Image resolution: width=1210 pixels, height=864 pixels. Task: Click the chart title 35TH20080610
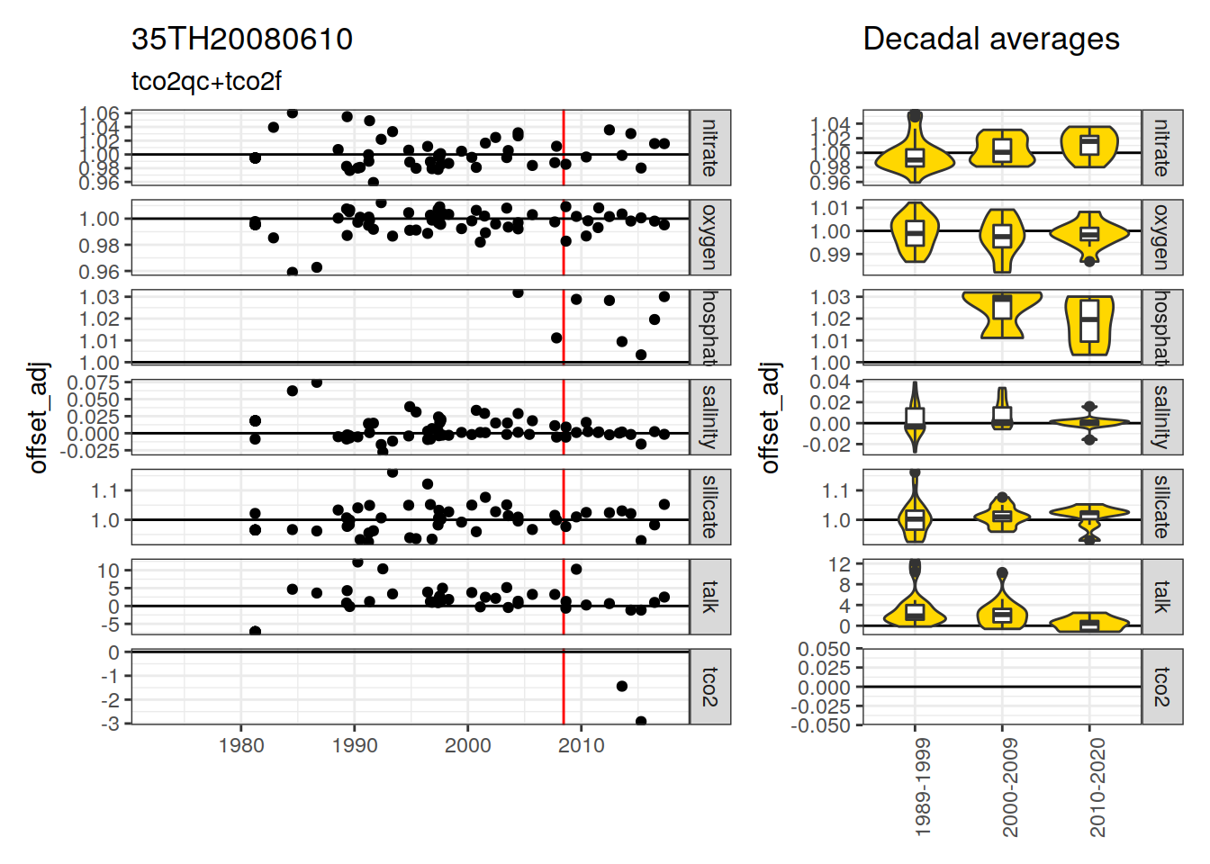coord(242,40)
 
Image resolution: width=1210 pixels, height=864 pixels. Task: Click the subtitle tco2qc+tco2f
coord(206,81)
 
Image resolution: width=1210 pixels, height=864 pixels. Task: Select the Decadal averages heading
coord(990,40)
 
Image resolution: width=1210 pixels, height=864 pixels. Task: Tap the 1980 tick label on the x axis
coord(241,745)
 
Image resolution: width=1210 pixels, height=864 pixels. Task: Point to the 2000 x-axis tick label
coord(468,745)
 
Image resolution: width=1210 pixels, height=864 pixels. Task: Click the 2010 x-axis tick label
coord(582,745)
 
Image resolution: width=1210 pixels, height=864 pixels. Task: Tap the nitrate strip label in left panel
coord(709,148)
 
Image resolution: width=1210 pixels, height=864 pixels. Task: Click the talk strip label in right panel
coord(1161,597)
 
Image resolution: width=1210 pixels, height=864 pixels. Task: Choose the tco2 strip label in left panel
coord(709,687)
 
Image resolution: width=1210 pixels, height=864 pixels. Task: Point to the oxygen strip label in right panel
coord(1161,237)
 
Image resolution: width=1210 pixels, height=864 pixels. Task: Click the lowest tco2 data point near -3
coord(641,722)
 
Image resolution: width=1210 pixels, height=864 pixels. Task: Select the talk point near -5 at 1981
coord(256,632)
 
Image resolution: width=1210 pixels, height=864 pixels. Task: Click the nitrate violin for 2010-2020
coord(1089,146)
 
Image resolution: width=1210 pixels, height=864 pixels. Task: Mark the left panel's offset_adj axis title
coord(38,417)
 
